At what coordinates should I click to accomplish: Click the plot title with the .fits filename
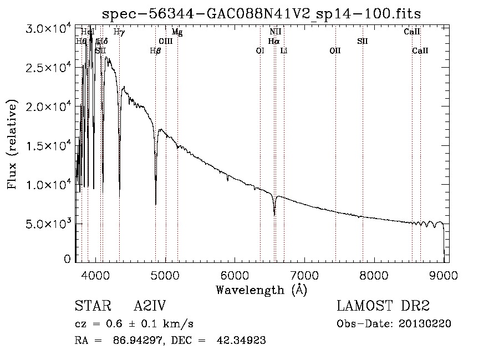[262, 14]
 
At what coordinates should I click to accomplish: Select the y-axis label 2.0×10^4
[50, 107]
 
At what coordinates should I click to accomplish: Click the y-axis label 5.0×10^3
[50, 224]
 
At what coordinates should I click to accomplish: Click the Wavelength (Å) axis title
[261, 290]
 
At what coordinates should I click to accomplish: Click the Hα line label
[273, 42]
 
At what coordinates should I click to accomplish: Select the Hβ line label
[155, 51]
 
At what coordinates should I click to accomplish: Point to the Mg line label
[177, 32]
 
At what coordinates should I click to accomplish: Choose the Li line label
[284, 51]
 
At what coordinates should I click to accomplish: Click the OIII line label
[165, 42]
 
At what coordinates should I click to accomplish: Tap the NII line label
[275, 32]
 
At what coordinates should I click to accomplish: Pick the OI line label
[260, 51]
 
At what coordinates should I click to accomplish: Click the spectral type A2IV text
[150, 306]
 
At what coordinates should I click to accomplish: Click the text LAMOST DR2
[383, 306]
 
